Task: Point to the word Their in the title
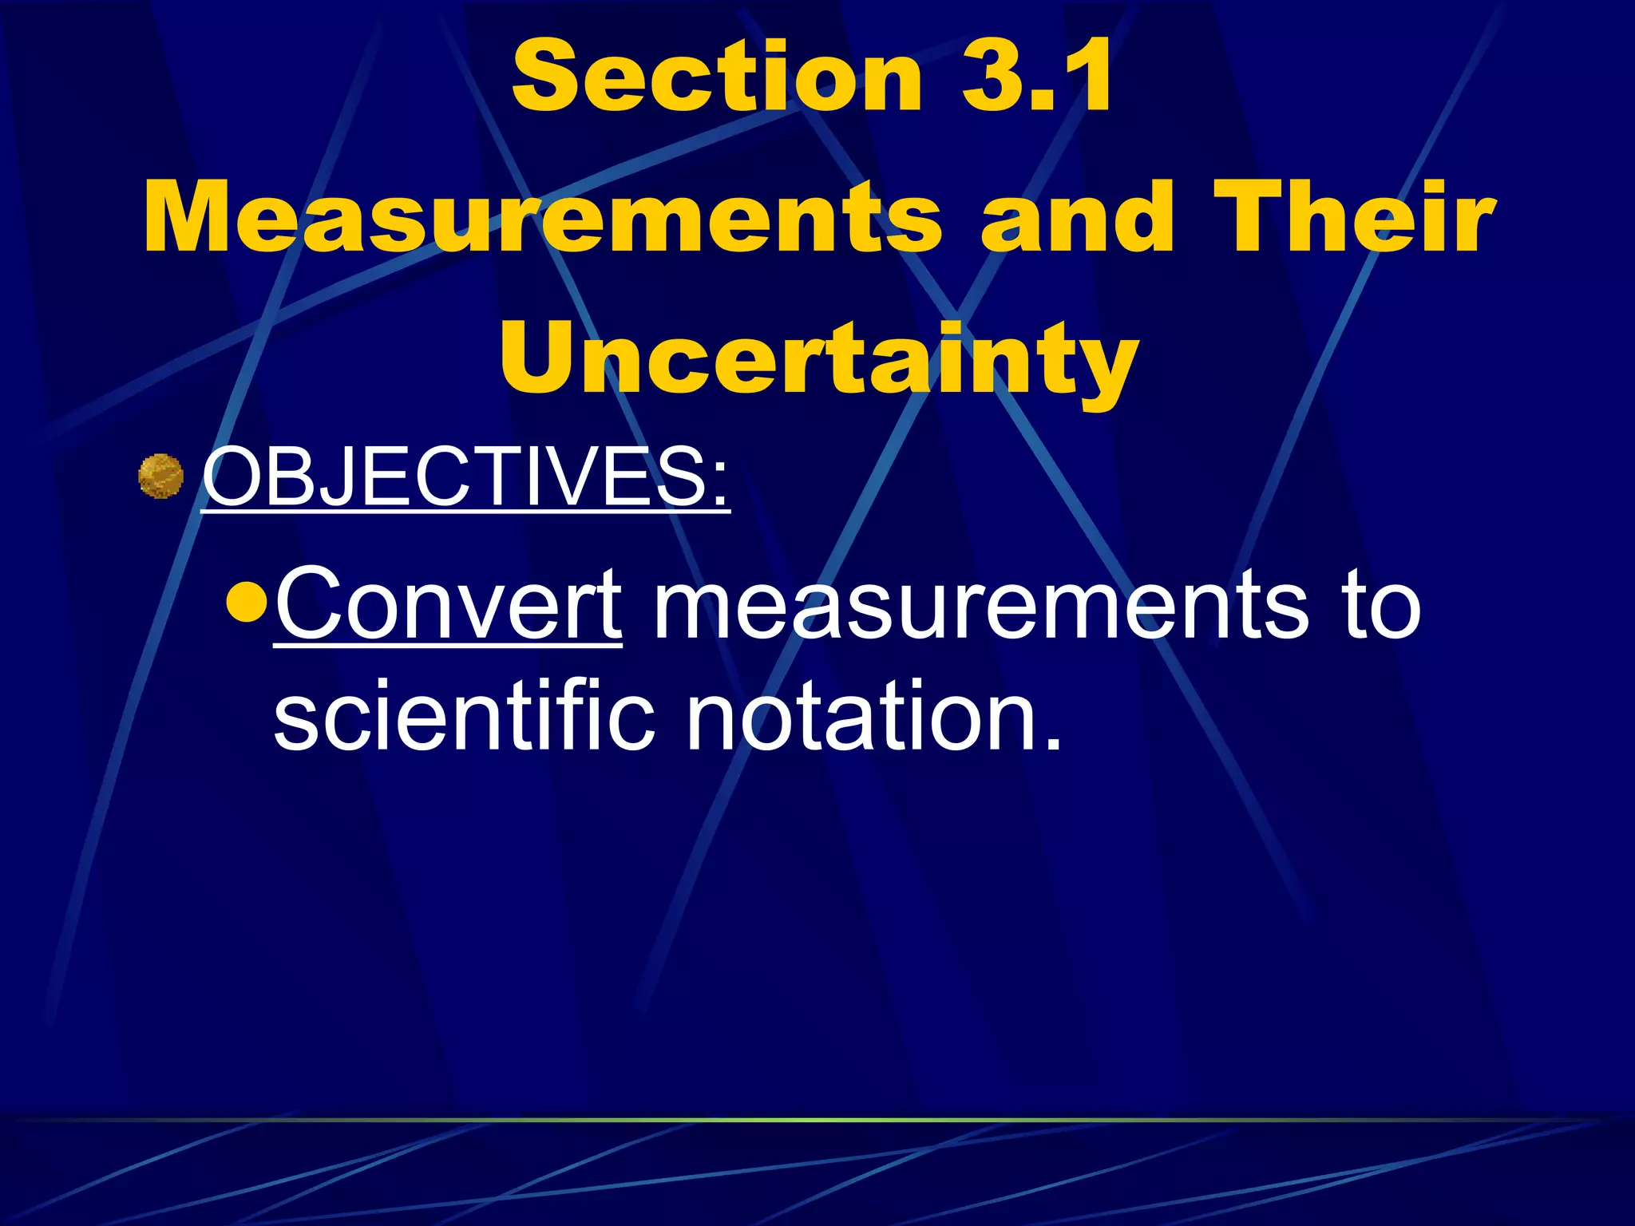(x=1353, y=218)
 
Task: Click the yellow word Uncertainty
(x=818, y=359)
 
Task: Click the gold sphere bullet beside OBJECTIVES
(x=161, y=477)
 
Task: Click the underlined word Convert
(x=448, y=604)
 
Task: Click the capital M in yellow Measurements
(x=192, y=218)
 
